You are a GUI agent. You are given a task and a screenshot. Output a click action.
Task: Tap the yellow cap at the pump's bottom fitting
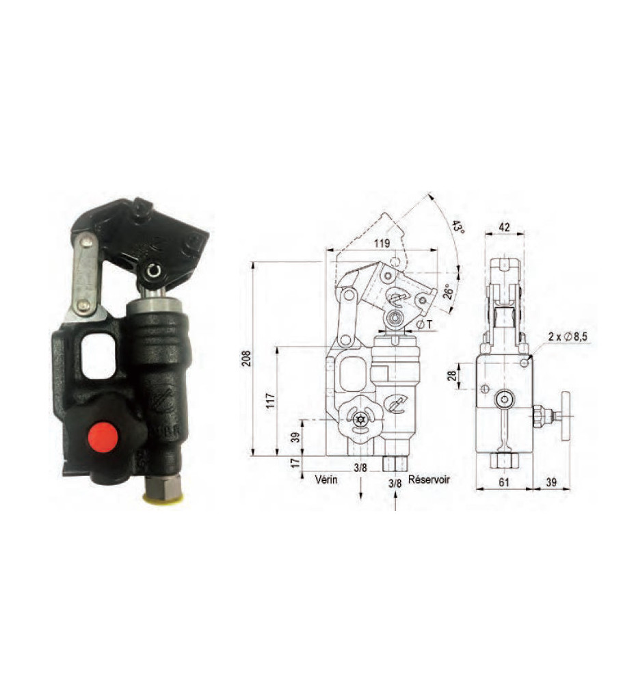[164, 499]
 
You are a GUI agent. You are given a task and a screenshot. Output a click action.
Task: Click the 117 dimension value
[271, 401]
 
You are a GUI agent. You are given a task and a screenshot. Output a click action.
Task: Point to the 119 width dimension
[382, 244]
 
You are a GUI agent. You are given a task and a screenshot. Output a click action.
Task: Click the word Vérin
[326, 479]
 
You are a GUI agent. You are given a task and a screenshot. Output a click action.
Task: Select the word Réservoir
[429, 479]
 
